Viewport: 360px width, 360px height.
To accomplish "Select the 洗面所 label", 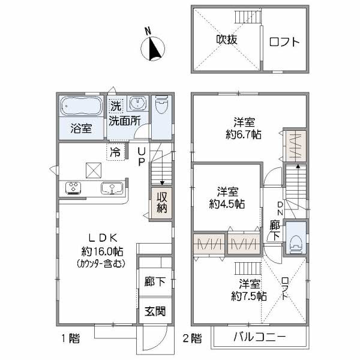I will [x=124, y=119].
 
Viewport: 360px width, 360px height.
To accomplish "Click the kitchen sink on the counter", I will [x=112, y=189].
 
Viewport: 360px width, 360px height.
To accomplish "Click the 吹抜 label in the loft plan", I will [x=227, y=40].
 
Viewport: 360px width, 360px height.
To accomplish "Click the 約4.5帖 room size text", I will [x=227, y=203].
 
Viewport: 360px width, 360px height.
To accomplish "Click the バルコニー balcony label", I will [x=259, y=337].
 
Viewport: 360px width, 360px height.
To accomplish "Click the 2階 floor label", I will [x=192, y=338].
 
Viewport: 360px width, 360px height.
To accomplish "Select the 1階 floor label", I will [x=69, y=338].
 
